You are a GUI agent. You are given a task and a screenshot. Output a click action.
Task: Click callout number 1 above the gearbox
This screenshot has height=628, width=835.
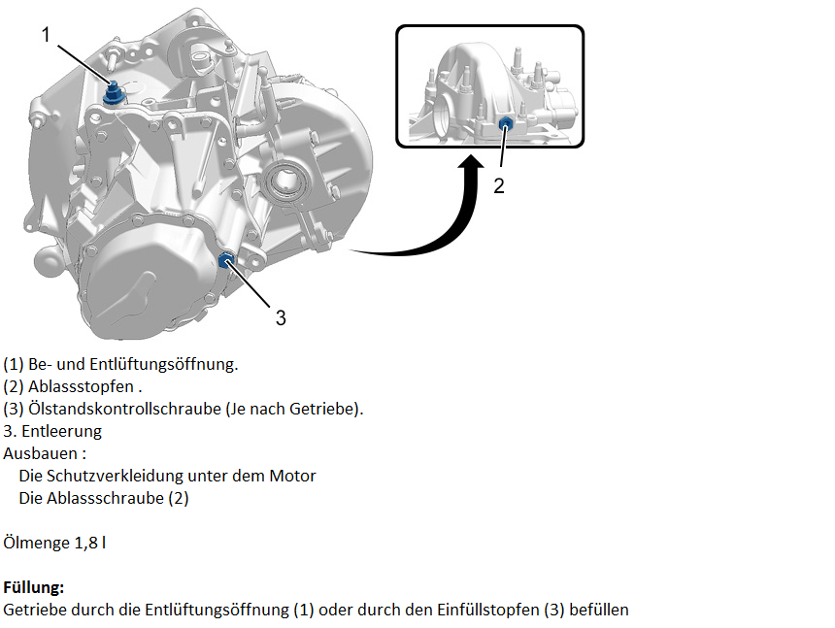(46, 35)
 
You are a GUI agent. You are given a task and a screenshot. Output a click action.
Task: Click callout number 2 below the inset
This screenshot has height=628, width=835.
(499, 185)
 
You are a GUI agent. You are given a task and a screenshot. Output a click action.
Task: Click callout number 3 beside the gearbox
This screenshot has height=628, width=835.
(281, 317)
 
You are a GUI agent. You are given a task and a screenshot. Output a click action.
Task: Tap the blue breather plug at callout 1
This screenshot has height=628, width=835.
(114, 94)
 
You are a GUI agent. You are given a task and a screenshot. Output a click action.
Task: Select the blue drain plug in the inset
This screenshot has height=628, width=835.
(505, 124)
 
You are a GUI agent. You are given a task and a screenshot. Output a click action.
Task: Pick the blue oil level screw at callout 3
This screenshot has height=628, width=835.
(226, 260)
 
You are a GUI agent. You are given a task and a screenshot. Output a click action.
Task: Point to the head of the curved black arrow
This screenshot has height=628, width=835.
(471, 162)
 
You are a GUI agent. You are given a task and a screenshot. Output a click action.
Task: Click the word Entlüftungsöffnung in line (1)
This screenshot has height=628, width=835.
(163, 365)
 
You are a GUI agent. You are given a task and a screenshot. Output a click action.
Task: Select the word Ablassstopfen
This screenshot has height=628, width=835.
(81, 386)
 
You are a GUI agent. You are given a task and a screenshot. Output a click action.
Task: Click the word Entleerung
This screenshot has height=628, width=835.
(62, 432)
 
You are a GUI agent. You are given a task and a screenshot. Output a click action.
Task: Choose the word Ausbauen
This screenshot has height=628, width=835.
(41, 453)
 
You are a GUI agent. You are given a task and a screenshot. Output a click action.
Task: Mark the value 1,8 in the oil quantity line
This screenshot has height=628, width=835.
(86, 543)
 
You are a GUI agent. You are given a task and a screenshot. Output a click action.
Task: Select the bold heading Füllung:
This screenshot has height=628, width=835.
(34, 587)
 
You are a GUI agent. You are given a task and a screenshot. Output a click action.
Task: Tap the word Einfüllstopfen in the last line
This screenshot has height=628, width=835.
(488, 610)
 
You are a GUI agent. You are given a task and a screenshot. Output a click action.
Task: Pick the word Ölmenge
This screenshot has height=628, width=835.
(36, 543)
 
